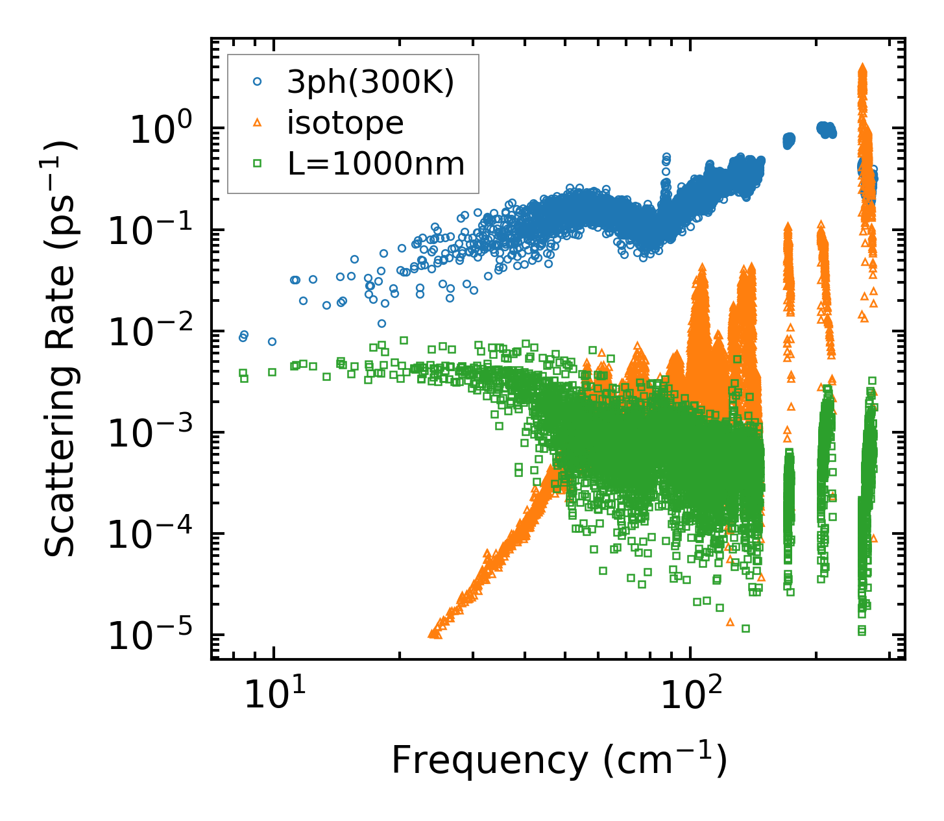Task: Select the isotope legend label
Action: point(345,123)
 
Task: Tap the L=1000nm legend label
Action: point(376,164)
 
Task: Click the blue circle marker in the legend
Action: point(257,82)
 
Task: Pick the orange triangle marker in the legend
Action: point(257,123)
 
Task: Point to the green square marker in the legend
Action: point(257,164)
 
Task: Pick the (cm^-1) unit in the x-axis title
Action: point(663,761)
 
